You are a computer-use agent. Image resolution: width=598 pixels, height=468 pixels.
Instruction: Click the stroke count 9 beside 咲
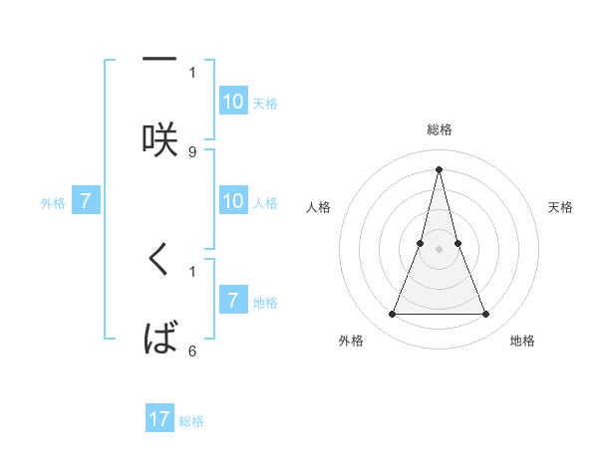pos(192,151)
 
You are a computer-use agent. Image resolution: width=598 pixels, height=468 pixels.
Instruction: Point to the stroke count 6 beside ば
pos(192,351)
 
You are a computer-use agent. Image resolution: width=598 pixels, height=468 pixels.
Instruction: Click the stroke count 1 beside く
pos(192,270)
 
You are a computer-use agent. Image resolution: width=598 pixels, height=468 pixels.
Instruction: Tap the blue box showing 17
pos(159,419)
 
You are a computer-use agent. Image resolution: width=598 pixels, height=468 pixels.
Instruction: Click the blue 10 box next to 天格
pos(232,101)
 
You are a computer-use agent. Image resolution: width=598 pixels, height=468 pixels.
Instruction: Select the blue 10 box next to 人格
pos(232,201)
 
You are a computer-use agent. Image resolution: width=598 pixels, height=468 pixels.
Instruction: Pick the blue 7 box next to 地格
pos(232,300)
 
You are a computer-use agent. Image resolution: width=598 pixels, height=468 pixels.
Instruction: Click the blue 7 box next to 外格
pos(86,201)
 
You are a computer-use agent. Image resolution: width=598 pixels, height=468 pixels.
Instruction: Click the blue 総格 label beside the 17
pos(191,421)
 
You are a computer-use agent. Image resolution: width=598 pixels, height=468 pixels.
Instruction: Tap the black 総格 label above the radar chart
pos(439,129)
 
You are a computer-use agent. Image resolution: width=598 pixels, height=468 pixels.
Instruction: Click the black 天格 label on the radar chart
pos(561,207)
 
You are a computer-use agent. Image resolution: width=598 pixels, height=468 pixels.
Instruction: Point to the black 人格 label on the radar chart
pos(319,207)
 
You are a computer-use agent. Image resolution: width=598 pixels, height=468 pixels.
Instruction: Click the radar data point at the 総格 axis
pos(439,168)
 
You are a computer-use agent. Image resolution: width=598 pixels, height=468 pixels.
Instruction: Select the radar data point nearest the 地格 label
pos(485,315)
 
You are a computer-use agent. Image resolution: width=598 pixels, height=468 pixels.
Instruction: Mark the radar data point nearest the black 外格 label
pos(392,315)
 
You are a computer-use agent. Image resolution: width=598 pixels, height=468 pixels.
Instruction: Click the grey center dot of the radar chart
pos(439,249)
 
